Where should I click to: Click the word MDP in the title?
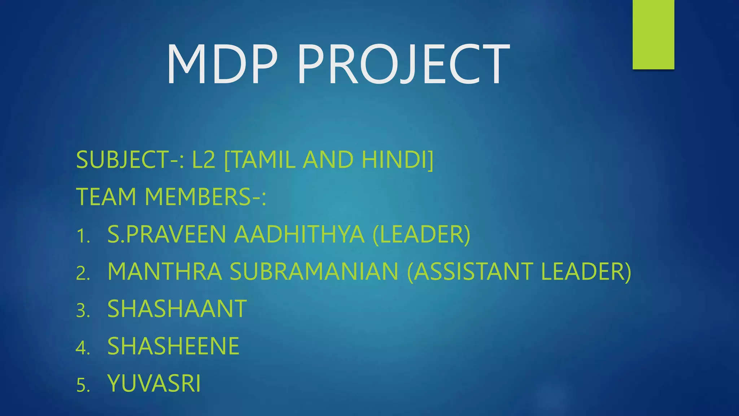222,64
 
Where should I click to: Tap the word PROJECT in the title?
403,64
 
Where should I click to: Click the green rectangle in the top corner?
653,34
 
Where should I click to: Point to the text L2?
204,160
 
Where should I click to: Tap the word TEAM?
106,197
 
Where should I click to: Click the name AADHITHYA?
299,234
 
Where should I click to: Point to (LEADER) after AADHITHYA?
421,234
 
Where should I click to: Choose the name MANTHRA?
165,271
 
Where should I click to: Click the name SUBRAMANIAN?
314,271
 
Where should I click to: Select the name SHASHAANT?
177,309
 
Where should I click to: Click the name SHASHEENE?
173,346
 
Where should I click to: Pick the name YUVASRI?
154,383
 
